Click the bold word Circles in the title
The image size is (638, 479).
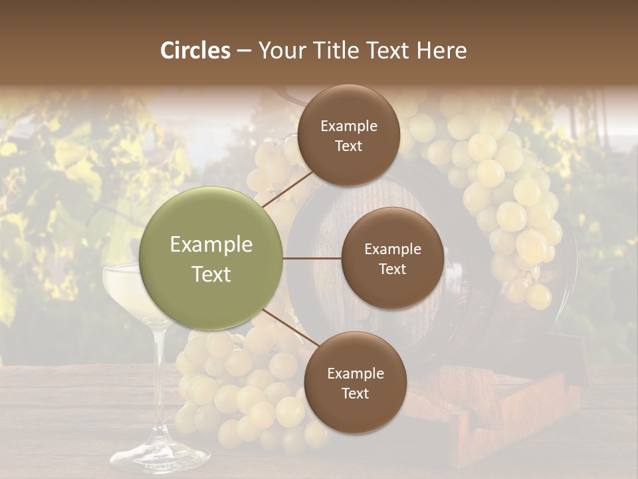pos(195,51)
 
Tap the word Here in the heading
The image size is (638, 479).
pos(441,51)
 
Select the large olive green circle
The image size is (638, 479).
pos(211,259)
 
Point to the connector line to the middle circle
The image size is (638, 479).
pos(312,259)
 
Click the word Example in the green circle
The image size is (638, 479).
pos(211,245)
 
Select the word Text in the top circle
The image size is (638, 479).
pos(348,146)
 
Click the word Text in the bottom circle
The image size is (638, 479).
pos(355,393)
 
